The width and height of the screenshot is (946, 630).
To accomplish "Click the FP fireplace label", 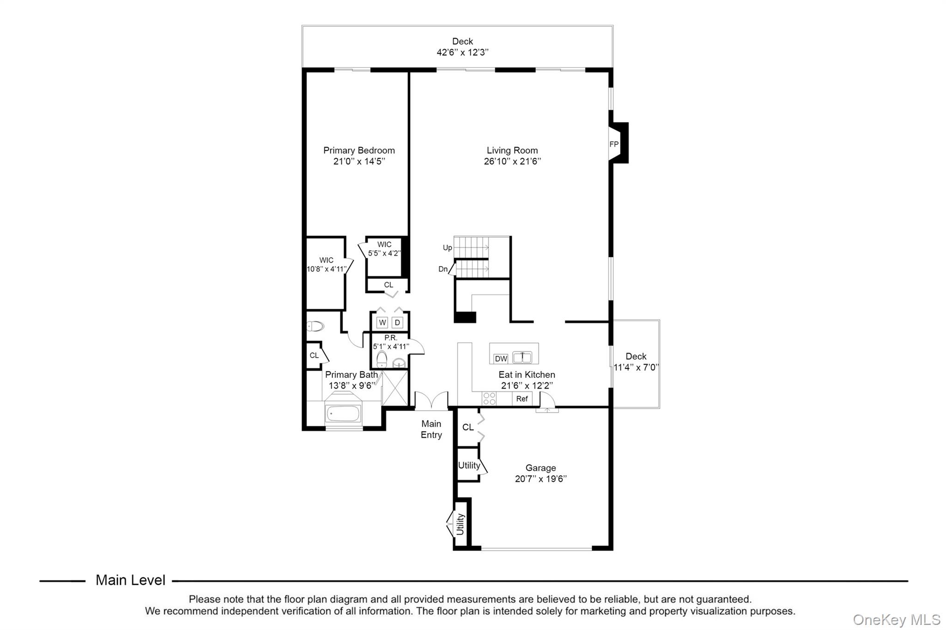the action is click(x=614, y=144).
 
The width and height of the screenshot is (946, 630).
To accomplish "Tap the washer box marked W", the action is click(x=382, y=322).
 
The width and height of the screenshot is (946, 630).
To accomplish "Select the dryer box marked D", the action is click(x=397, y=322).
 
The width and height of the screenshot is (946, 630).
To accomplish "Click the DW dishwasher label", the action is click(x=501, y=359).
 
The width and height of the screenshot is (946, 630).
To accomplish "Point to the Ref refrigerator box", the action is click(x=522, y=399).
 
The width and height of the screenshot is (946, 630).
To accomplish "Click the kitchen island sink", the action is click(x=522, y=357).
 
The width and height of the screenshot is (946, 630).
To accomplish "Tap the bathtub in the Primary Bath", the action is click(x=343, y=413).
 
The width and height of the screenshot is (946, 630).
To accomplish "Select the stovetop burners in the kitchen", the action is click(x=489, y=399).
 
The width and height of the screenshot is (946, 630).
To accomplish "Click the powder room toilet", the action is click(x=382, y=359).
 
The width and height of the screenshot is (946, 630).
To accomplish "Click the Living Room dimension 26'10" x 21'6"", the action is click(x=512, y=162).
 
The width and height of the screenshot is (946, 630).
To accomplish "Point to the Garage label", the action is click(x=540, y=468).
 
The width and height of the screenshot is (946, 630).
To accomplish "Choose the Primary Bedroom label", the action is click(x=359, y=150).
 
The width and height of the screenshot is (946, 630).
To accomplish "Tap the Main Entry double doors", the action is click(x=431, y=401).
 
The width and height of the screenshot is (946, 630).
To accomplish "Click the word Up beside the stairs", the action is click(x=447, y=248).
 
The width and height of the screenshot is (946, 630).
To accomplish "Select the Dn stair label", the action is click(x=443, y=269).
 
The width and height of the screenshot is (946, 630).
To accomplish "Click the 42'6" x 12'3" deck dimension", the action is click(x=462, y=52).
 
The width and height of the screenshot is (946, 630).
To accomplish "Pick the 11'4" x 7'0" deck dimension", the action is click(x=636, y=367).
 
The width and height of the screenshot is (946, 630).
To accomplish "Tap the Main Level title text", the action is click(x=130, y=580).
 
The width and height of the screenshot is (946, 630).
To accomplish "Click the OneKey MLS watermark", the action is click(x=897, y=620).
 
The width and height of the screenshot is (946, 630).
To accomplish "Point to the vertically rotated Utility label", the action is click(x=460, y=524).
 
